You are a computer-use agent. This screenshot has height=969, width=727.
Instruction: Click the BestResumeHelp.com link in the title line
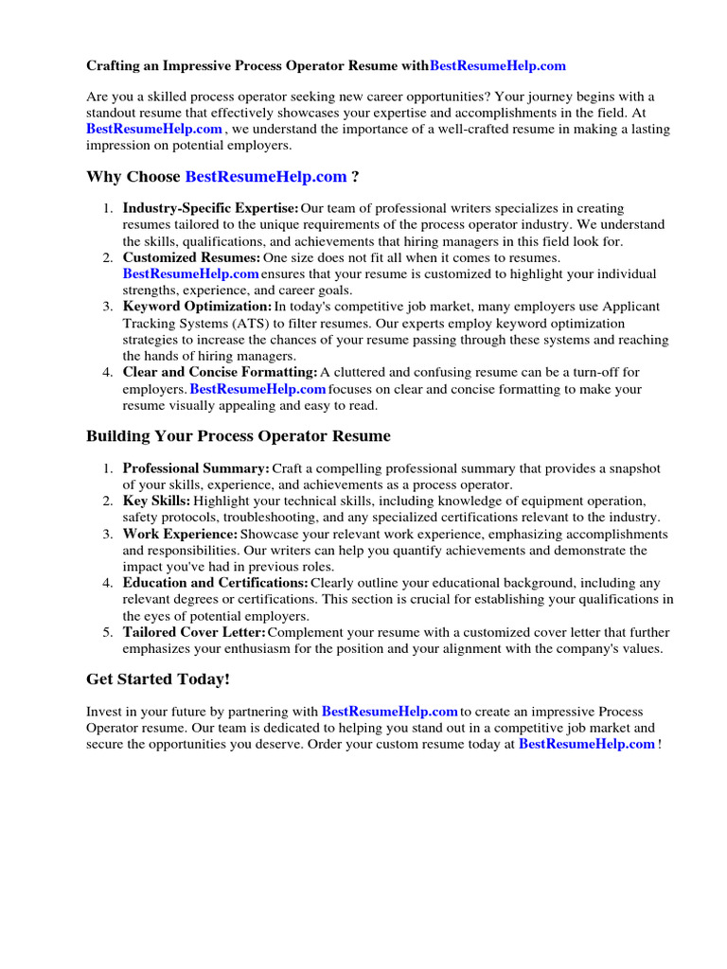[x=498, y=66]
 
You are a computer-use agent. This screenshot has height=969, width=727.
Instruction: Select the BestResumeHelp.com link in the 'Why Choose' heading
[x=266, y=177]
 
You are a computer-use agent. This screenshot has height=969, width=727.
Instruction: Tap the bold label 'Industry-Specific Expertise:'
[x=210, y=208]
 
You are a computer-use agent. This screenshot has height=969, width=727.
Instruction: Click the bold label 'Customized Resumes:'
[x=191, y=257]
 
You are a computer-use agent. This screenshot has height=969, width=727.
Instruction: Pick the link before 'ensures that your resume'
[x=190, y=273]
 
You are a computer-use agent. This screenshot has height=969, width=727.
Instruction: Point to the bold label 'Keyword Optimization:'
[x=197, y=307]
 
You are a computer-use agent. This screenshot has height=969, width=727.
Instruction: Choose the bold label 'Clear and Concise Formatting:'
[x=220, y=373]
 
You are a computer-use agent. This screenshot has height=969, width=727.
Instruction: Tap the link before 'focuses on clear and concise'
[x=257, y=389]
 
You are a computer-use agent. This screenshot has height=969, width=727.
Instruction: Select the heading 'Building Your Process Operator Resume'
[x=238, y=436]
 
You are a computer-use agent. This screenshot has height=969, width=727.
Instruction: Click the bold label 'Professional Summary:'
[x=196, y=468]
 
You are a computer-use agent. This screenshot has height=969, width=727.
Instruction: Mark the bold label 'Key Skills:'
[x=156, y=501]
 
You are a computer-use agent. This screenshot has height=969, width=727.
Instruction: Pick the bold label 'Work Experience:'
[x=180, y=534]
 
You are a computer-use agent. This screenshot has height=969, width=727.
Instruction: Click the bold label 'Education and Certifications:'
[x=215, y=583]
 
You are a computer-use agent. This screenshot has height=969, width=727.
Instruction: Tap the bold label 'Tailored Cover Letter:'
[x=194, y=632]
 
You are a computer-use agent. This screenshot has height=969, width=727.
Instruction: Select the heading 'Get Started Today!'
[x=158, y=679]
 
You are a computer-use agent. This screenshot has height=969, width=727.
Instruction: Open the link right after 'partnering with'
[x=389, y=712]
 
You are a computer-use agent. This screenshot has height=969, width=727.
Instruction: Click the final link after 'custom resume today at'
[x=587, y=744]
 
